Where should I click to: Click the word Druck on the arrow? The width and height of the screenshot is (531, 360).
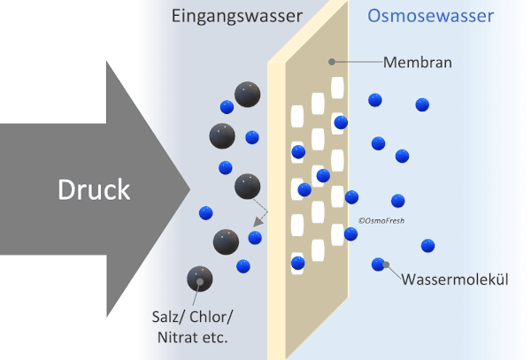coord(94,189)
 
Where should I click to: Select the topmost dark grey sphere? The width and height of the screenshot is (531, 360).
coord(247,94)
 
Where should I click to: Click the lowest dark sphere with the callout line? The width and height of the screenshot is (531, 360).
coord(199,280)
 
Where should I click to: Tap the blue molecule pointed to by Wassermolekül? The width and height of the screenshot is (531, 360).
coord(380,264)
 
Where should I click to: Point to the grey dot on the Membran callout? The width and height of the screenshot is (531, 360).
coord(331,62)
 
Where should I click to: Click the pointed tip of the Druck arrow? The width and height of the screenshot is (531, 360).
coord(189,188)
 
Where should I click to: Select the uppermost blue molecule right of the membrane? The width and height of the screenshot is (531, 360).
coord(374,101)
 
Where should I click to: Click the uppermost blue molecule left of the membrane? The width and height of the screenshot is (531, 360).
coord(227,106)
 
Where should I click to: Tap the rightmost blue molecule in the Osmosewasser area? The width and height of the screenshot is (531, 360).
coord(428,245)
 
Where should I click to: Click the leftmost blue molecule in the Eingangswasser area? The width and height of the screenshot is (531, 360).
coord(207,212)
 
